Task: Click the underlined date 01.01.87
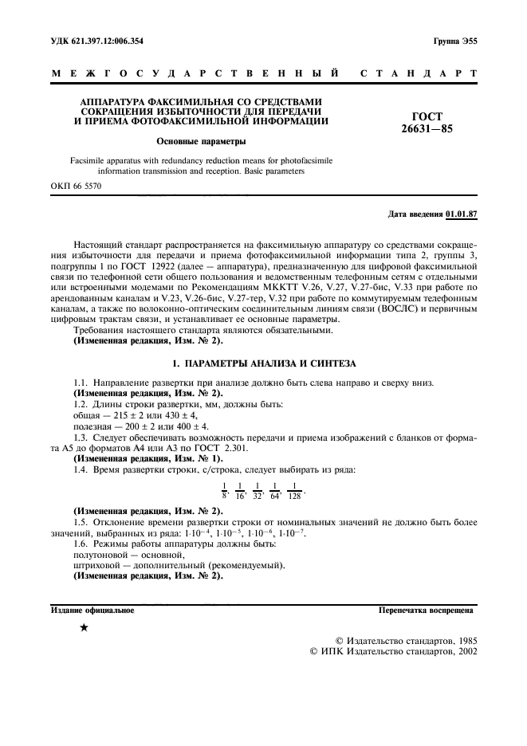pyautogui.click(x=462, y=214)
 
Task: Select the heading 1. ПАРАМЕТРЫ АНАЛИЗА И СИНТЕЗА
pyautogui.click(x=264, y=363)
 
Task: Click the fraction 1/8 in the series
pyautogui.click(x=224, y=489)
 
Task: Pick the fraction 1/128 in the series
pyautogui.click(x=295, y=489)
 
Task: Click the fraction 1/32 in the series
pyautogui.click(x=257, y=489)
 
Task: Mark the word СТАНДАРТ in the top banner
pyautogui.click(x=419, y=74)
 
